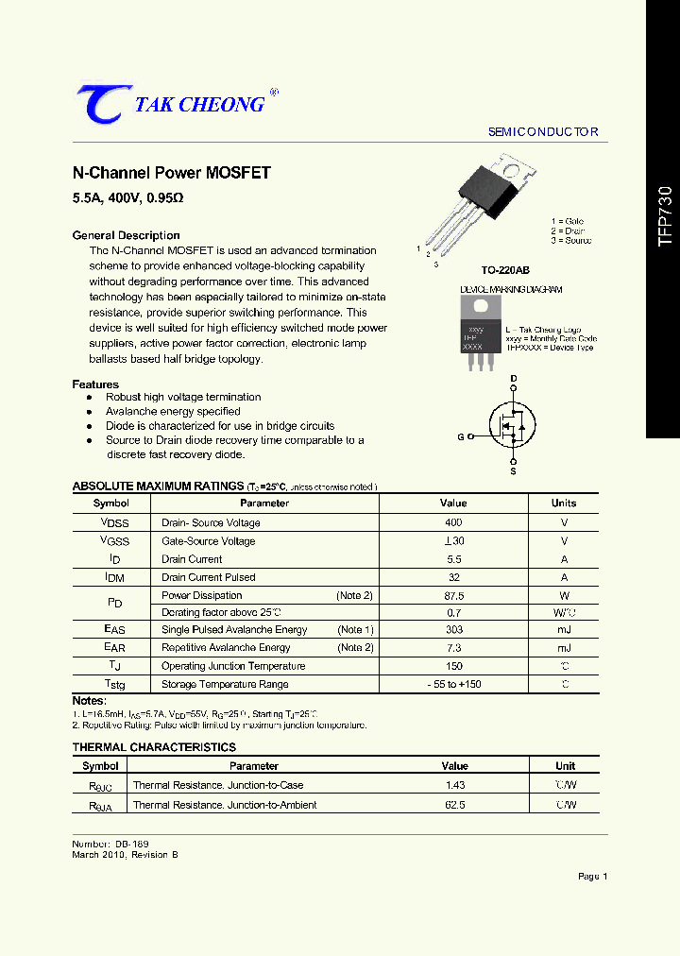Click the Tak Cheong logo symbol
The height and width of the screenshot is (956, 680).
(x=98, y=104)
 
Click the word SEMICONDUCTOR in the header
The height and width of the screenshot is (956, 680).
(x=543, y=132)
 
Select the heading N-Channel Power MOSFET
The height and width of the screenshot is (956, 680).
(x=172, y=173)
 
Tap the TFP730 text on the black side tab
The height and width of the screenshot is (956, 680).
(x=665, y=216)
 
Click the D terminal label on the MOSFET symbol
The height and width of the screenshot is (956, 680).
(x=514, y=379)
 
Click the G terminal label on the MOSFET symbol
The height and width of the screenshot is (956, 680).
(x=461, y=436)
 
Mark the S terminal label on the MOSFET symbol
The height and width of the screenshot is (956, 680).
(x=514, y=470)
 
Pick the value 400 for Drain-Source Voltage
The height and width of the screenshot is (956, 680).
(x=453, y=522)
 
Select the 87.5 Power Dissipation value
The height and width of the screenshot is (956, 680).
(x=453, y=596)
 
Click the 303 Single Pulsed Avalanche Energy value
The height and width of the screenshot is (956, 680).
(x=453, y=630)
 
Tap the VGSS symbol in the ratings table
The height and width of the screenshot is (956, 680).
(x=114, y=541)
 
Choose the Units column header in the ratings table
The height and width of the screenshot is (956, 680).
(x=563, y=504)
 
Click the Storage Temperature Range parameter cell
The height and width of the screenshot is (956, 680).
(x=225, y=685)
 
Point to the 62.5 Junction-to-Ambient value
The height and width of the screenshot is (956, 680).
(x=454, y=805)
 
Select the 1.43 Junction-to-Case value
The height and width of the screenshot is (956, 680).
(x=454, y=786)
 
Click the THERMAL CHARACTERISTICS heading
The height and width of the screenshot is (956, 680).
(x=154, y=747)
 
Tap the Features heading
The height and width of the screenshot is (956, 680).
(x=95, y=384)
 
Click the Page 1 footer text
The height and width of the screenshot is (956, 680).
(x=592, y=877)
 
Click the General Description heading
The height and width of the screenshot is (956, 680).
(x=126, y=235)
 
